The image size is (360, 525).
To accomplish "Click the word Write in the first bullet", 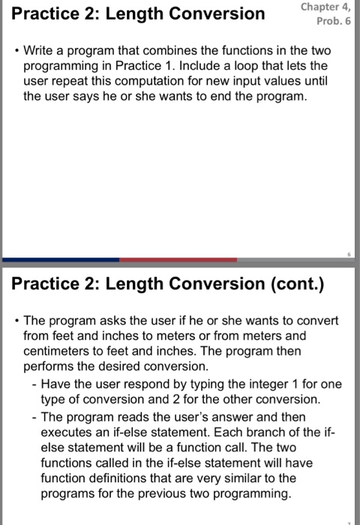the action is pos(40,53).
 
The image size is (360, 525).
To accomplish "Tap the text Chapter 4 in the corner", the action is pos(325,8).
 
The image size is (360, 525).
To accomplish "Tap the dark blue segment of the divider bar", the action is pos(60,259).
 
